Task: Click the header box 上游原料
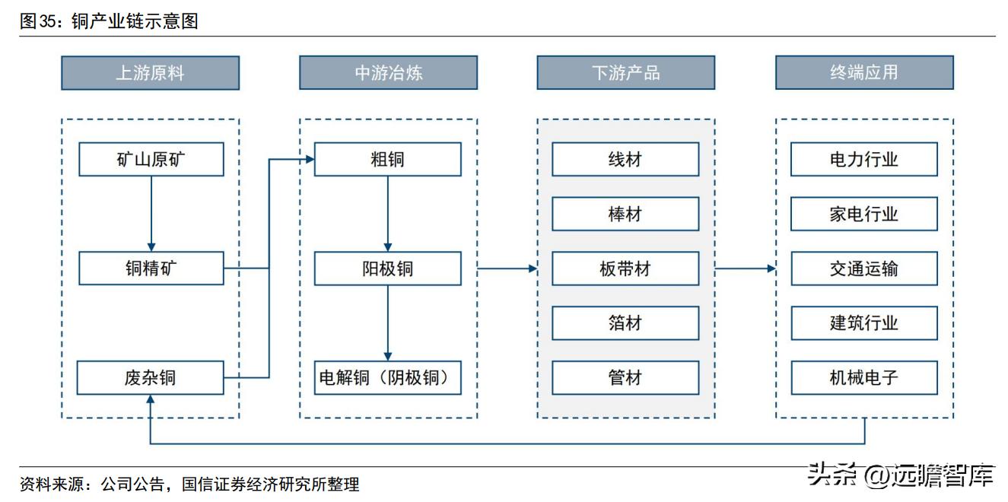tap(150, 73)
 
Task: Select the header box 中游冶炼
tap(388, 73)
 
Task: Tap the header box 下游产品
tap(625, 73)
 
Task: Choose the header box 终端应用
tap(863, 73)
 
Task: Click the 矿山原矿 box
tap(151, 160)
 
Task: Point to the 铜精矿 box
tap(151, 268)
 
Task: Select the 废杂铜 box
tap(151, 378)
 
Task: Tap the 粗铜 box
tap(387, 160)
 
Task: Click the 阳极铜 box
tap(387, 268)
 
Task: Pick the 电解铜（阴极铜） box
tap(387, 378)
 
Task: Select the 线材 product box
tap(625, 160)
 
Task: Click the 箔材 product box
tap(625, 323)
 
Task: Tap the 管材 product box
tap(625, 378)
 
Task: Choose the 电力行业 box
tap(863, 160)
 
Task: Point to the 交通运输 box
tap(863, 268)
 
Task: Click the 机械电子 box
tap(863, 378)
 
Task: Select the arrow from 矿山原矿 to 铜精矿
tap(151, 214)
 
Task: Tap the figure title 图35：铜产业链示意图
tap(109, 21)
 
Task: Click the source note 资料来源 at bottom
tap(189, 485)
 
